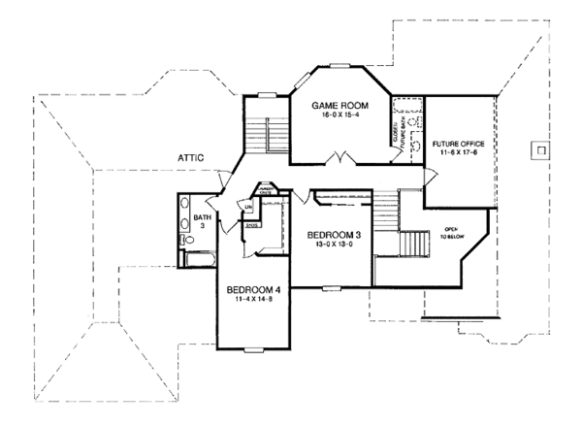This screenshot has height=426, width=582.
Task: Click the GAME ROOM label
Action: click(336, 104)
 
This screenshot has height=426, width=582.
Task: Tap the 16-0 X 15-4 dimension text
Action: click(336, 115)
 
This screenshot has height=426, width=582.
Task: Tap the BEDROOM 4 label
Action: click(253, 290)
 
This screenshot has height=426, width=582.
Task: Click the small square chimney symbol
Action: click(539, 150)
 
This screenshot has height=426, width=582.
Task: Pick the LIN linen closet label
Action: click(248, 207)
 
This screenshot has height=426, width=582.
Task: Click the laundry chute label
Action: click(263, 191)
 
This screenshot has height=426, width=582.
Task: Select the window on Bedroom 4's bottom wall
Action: click(254, 348)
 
